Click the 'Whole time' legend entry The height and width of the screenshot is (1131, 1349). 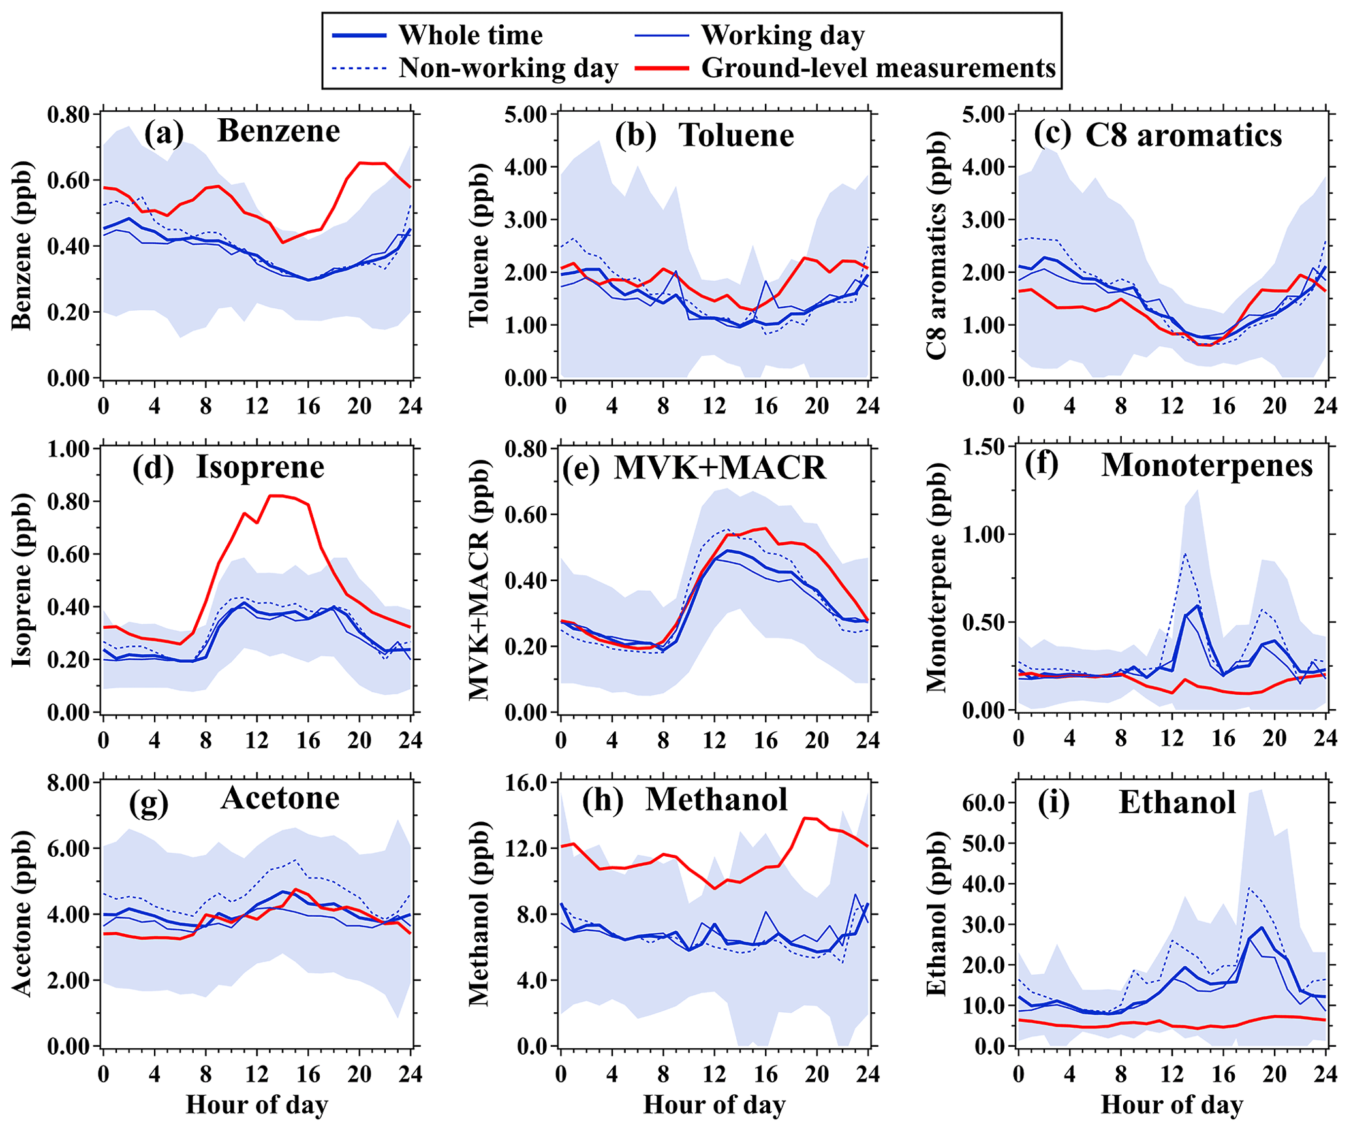click(x=470, y=35)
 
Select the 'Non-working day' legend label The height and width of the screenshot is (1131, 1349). click(x=508, y=68)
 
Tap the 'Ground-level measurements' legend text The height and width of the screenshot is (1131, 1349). click(x=878, y=68)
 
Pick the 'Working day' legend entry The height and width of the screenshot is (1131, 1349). click(x=783, y=35)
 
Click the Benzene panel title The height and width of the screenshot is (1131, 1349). click(x=279, y=131)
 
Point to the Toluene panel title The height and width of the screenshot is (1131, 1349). click(x=736, y=135)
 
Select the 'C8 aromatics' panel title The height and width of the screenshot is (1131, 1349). click(x=1183, y=135)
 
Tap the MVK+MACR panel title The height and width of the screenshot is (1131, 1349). click(x=720, y=468)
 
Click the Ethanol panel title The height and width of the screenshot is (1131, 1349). click(x=1177, y=802)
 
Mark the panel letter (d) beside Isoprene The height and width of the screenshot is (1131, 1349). click(x=153, y=468)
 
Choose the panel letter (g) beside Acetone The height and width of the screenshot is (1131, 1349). click(x=149, y=803)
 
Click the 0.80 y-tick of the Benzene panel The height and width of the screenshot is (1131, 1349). click(x=69, y=114)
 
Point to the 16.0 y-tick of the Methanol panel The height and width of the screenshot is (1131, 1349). click(x=526, y=782)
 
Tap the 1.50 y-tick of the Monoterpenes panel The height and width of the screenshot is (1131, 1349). click(x=984, y=447)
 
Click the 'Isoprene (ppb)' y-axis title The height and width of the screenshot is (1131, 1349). click(x=22, y=579)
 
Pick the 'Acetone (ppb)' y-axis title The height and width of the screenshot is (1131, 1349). click(x=22, y=913)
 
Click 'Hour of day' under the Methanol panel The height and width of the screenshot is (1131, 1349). click(x=714, y=1105)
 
